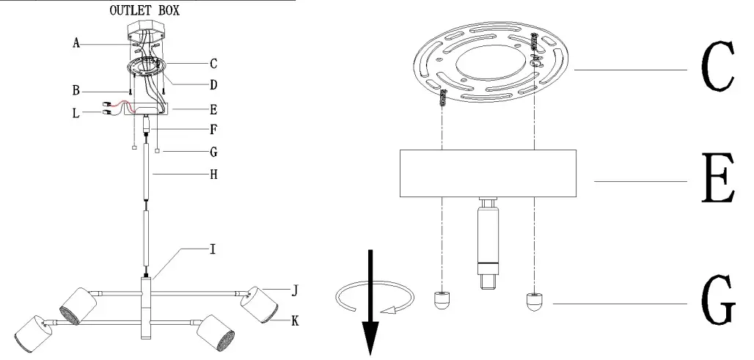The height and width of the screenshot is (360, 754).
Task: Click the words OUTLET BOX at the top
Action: pyautogui.click(x=144, y=11)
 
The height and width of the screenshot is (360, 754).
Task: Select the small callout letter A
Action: pyautogui.click(x=76, y=43)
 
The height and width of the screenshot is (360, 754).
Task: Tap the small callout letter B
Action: pyautogui.click(x=76, y=92)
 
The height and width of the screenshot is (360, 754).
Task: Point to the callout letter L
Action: pyautogui.click(x=76, y=113)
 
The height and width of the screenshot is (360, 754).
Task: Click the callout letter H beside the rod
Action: pyautogui.click(x=213, y=175)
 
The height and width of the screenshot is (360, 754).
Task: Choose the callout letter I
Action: pyautogui.click(x=213, y=250)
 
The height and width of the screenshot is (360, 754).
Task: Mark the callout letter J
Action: pyautogui.click(x=294, y=290)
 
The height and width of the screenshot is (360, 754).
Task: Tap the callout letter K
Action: pyautogui.click(x=294, y=320)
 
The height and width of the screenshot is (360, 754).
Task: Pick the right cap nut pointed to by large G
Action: pyautogui.click(x=535, y=300)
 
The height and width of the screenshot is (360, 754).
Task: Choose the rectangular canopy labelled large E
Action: pyautogui.click(x=487, y=173)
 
